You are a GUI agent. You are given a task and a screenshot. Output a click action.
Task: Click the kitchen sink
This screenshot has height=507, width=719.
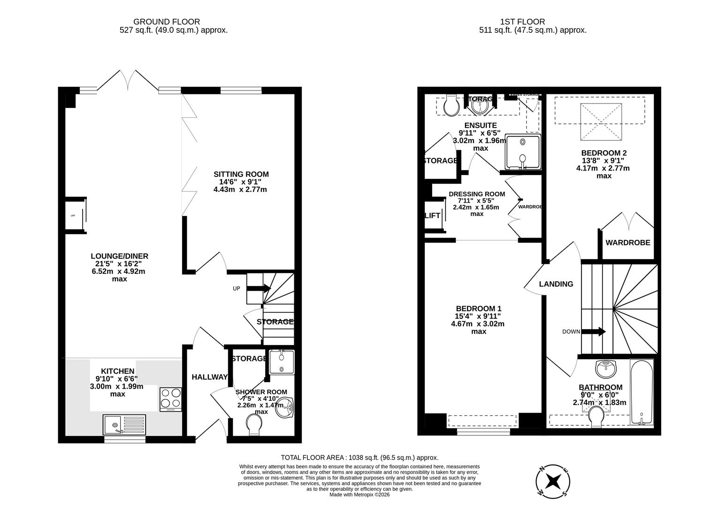tap(124, 424)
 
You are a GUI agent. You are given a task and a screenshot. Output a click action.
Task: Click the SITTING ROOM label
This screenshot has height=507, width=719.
tap(241, 174)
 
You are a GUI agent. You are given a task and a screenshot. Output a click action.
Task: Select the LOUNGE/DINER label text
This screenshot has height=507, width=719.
tap(119, 256)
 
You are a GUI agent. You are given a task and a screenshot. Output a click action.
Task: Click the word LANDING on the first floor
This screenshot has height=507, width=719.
tap(556, 284)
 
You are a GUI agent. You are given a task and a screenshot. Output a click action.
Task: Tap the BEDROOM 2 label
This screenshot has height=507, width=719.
tap(604, 153)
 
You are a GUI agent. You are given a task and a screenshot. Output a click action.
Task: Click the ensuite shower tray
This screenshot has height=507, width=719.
tap(522, 152)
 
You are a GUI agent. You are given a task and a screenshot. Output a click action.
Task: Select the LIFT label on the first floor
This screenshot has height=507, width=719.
tap(432, 215)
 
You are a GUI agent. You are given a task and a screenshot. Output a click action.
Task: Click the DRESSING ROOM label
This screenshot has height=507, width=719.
tap(476, 194)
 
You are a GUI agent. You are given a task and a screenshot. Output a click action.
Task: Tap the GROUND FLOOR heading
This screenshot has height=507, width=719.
tap(167, 22)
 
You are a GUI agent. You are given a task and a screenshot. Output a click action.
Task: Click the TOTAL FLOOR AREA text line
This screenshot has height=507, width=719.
tap(359, 457)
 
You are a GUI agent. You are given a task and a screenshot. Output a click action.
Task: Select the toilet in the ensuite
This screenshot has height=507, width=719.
tap(451, 106)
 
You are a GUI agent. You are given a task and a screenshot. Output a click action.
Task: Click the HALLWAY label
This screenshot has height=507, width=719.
tap(209, 377)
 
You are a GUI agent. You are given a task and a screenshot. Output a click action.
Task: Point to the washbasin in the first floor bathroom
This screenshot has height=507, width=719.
tap(607, 369)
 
